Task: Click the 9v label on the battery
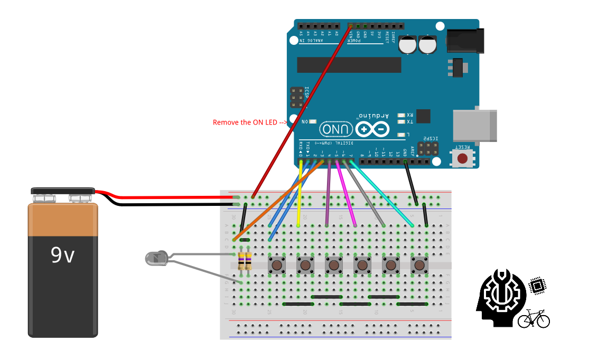point(63,255)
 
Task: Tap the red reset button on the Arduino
point(463,158)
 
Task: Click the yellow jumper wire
point(300,195)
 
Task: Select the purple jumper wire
point(329,195)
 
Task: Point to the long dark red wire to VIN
point(301,111)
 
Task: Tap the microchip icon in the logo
point(537,286)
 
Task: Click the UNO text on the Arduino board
point(336,129)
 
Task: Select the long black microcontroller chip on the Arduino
point(349,65)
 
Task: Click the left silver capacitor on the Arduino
point(408,44)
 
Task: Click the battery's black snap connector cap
point(62,190)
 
